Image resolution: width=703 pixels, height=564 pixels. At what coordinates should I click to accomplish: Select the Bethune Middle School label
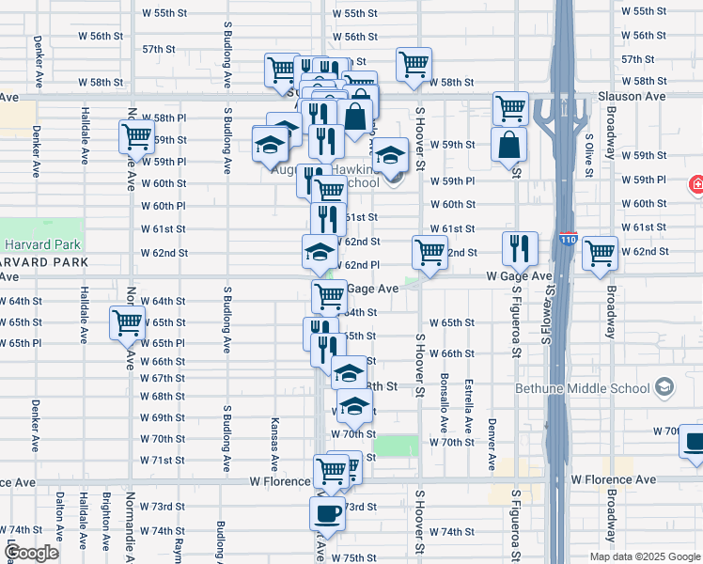point(582,388)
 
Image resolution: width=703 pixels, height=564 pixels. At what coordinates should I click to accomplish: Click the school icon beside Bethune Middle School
point(664,387)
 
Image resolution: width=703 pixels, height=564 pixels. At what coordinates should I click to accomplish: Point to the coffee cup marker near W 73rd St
point(327,513)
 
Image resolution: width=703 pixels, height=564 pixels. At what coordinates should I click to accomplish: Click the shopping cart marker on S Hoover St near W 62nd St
point(430,252)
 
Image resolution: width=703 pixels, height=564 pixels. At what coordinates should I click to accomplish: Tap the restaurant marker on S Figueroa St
point(520,248)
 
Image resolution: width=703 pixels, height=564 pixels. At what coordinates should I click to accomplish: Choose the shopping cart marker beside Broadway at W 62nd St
point(600,253)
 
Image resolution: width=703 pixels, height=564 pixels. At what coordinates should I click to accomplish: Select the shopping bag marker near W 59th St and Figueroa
point(508,145)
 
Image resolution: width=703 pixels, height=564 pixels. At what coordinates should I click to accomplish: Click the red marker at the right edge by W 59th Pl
point(697,184)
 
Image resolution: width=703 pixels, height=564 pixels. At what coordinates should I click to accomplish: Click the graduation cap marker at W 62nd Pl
point(320,251)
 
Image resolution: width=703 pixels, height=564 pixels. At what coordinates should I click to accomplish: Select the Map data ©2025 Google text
point(644,556)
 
